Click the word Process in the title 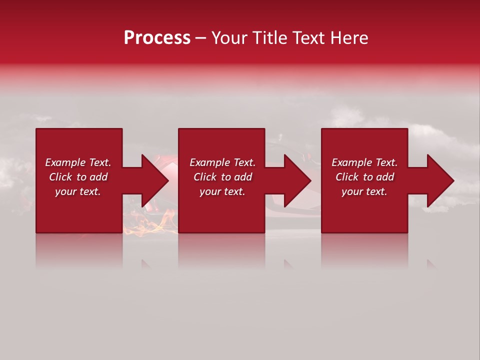(157, 38)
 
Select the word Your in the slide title (230, 38)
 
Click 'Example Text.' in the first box (78, 162)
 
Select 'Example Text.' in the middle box (222, 162)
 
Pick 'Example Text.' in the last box (364, 162)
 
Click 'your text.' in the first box (78, 191)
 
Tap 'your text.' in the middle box (222, 191)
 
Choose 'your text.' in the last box (364, 191)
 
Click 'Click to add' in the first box (78, 177)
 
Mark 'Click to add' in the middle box (222, 177)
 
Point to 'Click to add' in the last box (364, 177)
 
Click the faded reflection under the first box (79, 250)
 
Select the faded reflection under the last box (364, 250)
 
